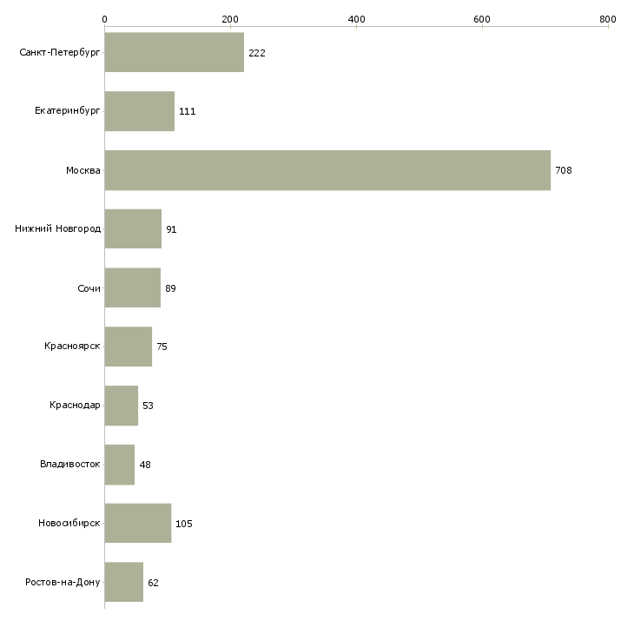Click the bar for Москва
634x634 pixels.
[327, 170]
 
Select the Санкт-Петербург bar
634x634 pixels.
[174, 52]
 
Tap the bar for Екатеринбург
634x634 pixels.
[139, 111]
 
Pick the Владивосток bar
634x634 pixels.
[120, 465]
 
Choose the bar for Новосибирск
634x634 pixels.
[137, 524]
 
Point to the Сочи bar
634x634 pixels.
[132, 287]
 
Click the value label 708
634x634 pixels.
[564, 170]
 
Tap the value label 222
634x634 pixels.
[257, 53]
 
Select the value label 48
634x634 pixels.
[145, 465]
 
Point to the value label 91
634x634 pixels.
[172, 229]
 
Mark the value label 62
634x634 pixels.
[154, 583]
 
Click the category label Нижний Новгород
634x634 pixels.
[57, 229]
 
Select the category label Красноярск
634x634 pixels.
[72, 347]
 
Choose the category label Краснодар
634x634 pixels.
[75, 406]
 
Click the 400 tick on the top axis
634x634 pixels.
[356, 19]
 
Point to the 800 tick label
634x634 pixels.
[608, 19]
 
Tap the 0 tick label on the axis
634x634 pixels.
[104, 19]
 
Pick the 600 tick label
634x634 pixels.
[482, 19]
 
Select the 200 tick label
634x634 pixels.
[230, 19]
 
